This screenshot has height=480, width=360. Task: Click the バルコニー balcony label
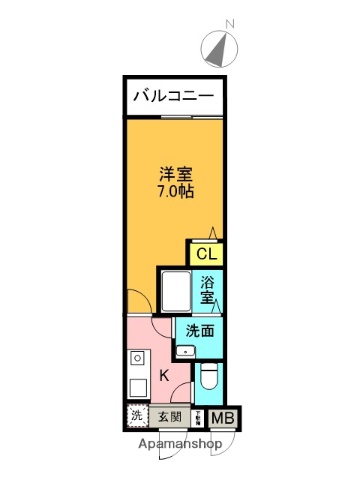point(173,98)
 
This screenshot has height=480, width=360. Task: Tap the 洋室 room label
point(174,172)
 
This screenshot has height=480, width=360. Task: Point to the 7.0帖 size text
point(174,191)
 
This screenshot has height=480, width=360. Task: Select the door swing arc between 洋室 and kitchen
point(139,301)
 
